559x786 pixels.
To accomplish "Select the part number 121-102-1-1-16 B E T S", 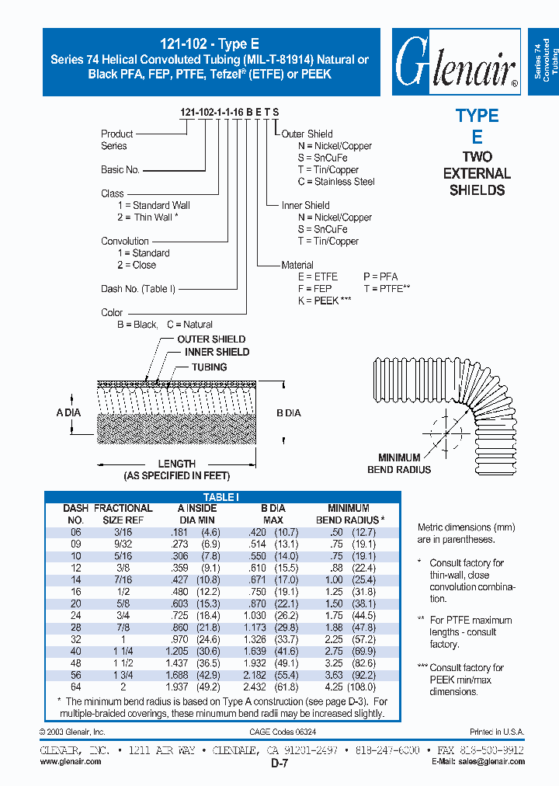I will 230,113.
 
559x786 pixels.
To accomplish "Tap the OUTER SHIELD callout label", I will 211,339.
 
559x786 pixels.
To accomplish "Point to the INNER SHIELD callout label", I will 217,352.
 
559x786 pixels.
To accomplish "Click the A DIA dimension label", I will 68,413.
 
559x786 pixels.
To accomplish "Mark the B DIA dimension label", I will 288,413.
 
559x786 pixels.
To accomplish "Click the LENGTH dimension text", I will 177,464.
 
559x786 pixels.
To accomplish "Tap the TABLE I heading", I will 221,497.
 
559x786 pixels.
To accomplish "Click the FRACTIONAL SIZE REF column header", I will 123,514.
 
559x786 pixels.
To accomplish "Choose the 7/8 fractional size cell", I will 123,628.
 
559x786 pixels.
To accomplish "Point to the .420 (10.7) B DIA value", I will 274,532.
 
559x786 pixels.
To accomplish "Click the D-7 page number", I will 279,764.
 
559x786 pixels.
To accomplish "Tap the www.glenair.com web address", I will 70,762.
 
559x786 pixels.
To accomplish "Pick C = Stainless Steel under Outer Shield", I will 325,182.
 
